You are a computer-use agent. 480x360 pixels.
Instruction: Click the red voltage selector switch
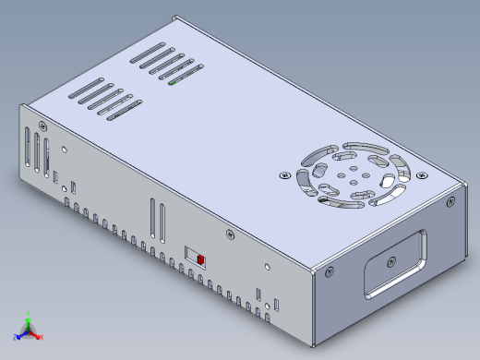click(200, 259)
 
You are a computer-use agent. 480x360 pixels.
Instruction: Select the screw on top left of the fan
click(284, 173)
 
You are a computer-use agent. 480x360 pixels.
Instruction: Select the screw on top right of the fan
click(424, 174)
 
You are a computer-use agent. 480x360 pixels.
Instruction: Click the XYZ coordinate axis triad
click(28, 328)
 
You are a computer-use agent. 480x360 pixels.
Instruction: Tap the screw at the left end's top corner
click(43, 124)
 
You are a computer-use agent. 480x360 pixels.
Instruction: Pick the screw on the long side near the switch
click(225, 234)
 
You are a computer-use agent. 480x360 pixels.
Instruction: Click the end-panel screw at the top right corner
click(450, 200)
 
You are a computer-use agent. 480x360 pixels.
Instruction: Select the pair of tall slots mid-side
click(156, 220)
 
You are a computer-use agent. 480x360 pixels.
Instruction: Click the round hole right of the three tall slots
click(63, 147)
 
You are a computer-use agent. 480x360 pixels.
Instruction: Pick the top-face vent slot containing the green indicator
click(182, 78)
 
